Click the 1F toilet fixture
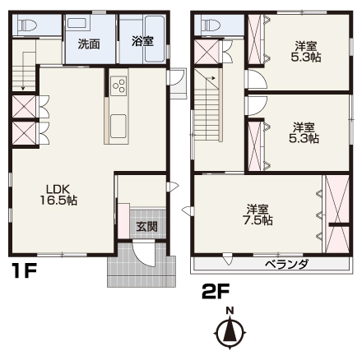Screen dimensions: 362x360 tap(27, 25)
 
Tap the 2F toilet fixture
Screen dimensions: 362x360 tap(211, 25)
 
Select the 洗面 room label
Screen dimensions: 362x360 tap(89, 44)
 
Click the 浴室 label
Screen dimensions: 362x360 tap(142, 41)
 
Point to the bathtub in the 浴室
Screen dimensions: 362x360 tap(155, 39)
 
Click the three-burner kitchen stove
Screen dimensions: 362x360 tap(118, 85)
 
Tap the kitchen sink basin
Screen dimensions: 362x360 tap(118, 126)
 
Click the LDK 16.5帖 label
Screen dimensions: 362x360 tap(58, 195)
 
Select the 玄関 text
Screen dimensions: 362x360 tap(147, 227)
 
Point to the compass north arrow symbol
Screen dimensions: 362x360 tap(230, 331)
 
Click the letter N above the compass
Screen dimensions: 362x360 tap(230, 311)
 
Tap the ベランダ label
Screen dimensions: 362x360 tap(286, 265)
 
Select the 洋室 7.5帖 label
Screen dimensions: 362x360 tap(258, 215)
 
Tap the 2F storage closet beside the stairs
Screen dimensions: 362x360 tap(207, 52)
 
